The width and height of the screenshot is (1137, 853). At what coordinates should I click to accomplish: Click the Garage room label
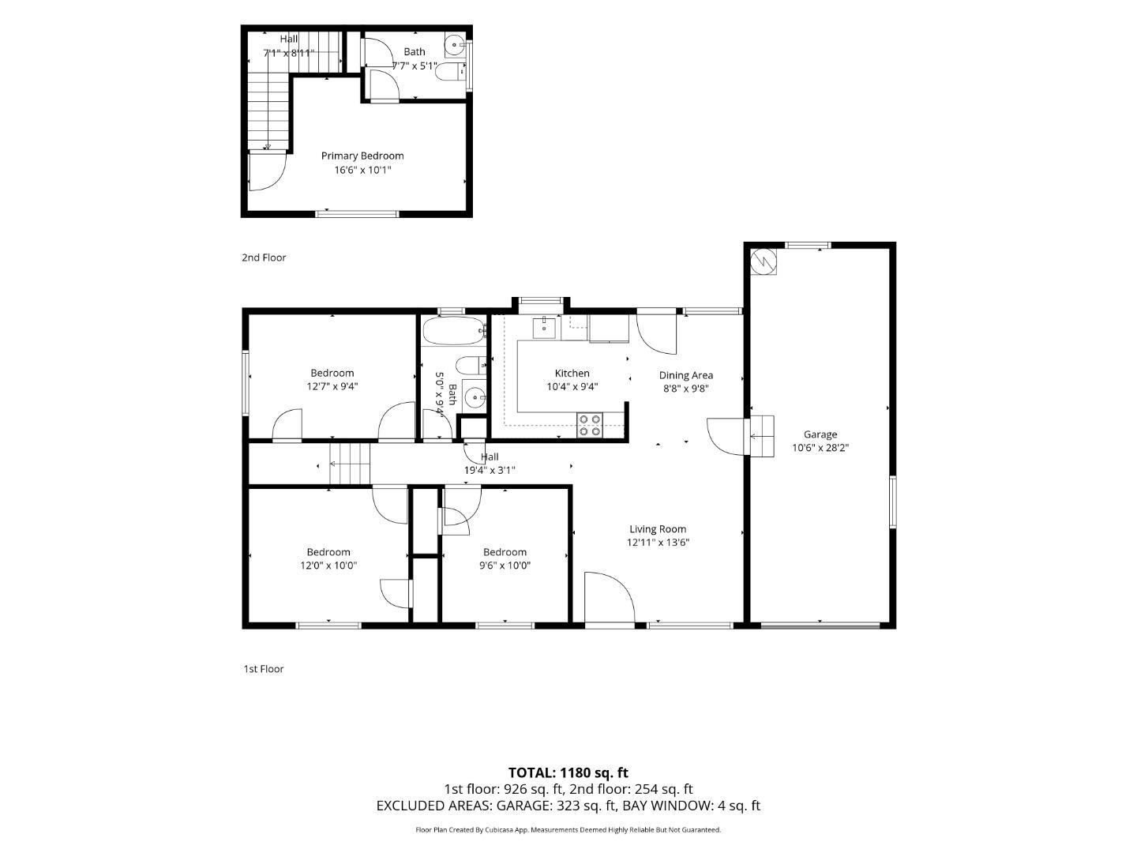tap(820, 434)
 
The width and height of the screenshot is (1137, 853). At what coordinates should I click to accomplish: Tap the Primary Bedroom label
tap(362, 156)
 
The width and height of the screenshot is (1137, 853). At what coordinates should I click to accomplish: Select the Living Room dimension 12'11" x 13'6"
tap(658, 543)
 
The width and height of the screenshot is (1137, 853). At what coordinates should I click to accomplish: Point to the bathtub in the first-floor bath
tap(453, 331)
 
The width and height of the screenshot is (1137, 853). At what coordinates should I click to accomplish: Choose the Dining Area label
tap(686, 375)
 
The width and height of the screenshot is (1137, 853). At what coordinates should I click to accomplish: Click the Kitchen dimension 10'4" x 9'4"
tap(572, 386)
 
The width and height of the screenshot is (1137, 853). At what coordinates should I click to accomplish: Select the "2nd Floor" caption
tap(264, 257)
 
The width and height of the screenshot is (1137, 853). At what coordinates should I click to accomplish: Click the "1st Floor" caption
tap(264, 669)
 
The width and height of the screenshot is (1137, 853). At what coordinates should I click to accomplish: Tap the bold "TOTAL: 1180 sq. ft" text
tap(568, 772)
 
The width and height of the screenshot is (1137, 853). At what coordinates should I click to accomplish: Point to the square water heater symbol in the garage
tap(764, 261)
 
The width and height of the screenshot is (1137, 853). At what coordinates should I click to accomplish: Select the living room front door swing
tap(609, 596)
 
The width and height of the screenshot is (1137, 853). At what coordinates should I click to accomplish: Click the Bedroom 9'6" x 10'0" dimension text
tap(505, 565)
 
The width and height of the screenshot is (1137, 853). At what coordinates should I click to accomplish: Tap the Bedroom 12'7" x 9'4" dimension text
tap(332, 386)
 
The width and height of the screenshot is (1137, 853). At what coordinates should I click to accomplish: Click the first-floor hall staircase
tap(350, 464)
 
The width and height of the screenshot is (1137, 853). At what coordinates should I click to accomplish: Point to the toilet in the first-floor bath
tap(471, 366)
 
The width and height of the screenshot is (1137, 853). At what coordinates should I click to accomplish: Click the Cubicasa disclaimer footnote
tap(568, 829)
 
